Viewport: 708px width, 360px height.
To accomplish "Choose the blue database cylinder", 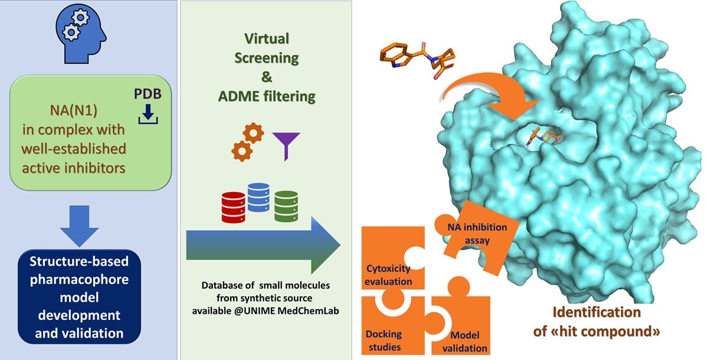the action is pos(258,197).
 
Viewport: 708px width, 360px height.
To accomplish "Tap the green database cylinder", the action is pos(286,205).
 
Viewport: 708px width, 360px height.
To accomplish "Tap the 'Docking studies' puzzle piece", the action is pos(386,325).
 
